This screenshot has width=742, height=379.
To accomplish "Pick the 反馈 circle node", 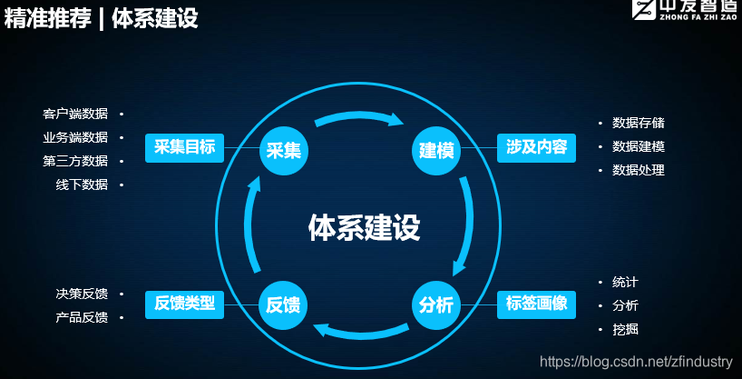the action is (x=284, y=304).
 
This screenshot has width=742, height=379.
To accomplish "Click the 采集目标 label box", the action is (x=185, y=147).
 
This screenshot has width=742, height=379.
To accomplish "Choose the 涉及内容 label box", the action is (x=536, y=147).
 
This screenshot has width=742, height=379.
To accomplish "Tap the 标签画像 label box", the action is (x=536, y=304).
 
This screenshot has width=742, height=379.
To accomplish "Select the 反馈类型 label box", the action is (x=185, y=304).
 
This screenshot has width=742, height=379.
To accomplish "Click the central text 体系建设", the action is (x=364, y=226).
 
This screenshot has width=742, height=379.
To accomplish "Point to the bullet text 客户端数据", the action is (x=75, y=115).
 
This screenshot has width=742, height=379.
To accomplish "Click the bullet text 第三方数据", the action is (x=75, y=161).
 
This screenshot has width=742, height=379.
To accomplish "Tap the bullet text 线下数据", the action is (x=82, y=185).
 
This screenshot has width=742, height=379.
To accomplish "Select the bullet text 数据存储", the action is (x=639, y=123).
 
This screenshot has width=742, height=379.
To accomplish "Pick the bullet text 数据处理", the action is (x=639, y=170).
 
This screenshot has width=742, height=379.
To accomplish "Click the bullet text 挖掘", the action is (x=625, y=329).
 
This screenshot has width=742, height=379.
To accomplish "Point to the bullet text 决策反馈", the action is (x=82, y=294).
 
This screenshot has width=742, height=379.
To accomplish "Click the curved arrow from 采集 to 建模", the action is (x=359, y=116).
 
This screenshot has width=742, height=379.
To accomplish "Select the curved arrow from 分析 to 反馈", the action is (x=358, y=333).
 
